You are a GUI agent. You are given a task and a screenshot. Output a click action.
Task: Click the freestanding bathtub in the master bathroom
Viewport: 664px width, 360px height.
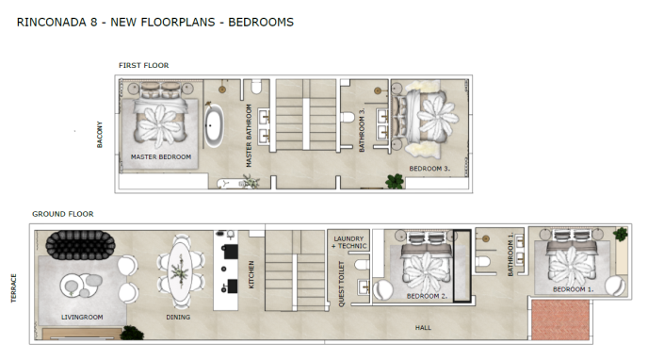pos(215,126)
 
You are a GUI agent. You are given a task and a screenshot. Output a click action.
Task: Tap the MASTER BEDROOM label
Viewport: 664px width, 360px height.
pos(161,157)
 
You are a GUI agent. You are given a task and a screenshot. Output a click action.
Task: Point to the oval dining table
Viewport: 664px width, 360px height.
pos(178,271)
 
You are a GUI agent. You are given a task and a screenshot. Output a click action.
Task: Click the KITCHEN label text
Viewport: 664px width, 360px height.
pos(251,274)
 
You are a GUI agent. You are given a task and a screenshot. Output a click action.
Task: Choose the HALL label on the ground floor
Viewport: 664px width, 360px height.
pos(424,328)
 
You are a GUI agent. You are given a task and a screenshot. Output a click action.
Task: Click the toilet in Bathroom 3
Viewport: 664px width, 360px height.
pos(348,118)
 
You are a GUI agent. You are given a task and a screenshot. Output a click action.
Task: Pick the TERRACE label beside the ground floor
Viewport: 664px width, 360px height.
pos(13,286)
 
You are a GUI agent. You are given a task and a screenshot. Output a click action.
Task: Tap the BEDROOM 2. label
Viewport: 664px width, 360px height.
pos(426,296)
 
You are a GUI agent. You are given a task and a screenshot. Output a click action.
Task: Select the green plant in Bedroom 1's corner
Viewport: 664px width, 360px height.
pos(620,234)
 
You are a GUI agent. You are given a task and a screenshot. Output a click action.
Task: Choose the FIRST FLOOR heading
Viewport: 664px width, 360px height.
pos(143,65)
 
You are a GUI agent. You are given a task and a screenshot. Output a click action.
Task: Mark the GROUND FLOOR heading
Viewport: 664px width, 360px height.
pos(62,215)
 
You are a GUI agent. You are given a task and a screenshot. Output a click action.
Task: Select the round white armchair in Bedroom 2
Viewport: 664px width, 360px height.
pos(384,289)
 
